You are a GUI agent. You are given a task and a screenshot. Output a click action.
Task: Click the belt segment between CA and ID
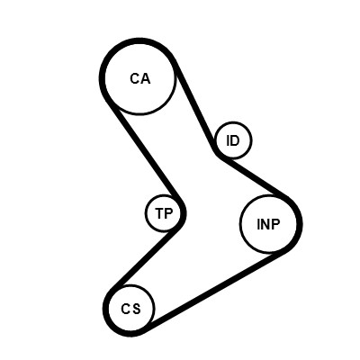pyautogui.click(x=194, y=107)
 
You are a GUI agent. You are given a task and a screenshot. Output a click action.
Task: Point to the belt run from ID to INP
pyautogui.click(x=255, y=177)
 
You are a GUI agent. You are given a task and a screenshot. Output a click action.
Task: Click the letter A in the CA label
pyautogui.click(x=145, y=78)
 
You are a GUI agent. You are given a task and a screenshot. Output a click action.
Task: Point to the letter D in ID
pyautogui.click(x=235, y=140)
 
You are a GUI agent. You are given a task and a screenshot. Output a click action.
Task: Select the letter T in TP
pyautogui.click(x=160, y=213)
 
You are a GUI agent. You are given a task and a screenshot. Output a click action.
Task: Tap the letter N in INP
pyautogui.click(x=265, y=224)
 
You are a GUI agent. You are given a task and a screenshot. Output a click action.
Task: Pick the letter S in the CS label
pyautogui.click(x=136, y=309)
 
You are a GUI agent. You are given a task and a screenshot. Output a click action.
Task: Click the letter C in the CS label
pyautogui.click(x=126, y=309)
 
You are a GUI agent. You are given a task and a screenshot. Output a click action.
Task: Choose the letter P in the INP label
pyautogui.click(x=276, y=224)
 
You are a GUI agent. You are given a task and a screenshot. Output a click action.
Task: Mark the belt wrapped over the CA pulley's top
pyautogui.click(x=139, y=40)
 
